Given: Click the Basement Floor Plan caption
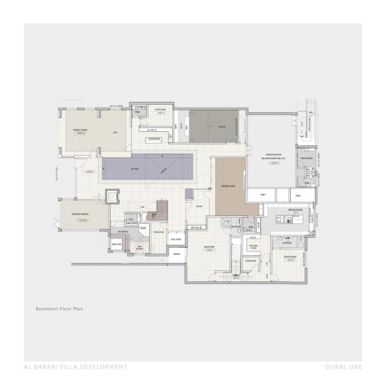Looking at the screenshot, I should pos(59,309).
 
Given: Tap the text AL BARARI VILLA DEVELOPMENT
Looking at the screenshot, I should pos(76,367).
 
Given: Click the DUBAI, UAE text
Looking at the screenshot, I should pos(344,367).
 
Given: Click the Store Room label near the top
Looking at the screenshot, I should pos(160,110).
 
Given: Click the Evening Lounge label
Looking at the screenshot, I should pos(228,186).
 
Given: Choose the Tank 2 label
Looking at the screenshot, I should pos(297,195).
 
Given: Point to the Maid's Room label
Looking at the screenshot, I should pos(208,248).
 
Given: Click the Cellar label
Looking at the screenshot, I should pos(199,206).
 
